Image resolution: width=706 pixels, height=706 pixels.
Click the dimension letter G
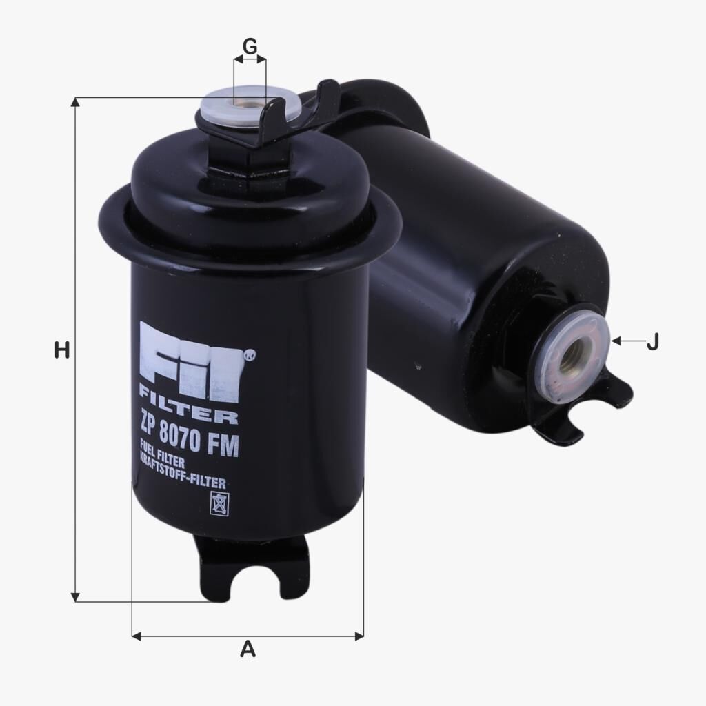pos(250,46)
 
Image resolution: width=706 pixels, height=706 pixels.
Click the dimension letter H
pos(63,350)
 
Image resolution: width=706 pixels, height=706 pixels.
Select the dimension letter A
pos(248,649)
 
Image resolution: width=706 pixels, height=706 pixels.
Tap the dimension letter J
pos(652,341)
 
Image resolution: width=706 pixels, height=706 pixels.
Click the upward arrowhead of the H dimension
pos(76,103)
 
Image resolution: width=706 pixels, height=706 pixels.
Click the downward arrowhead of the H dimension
pos(76,596)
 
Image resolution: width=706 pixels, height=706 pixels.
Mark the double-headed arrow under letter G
pos(250,61)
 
